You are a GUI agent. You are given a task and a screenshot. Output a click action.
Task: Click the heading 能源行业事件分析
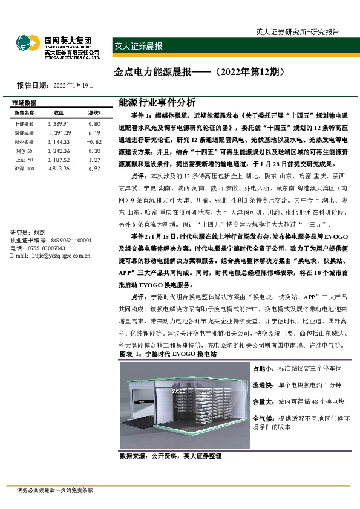point(154,102)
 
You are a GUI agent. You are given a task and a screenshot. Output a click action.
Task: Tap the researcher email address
point(50,256)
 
